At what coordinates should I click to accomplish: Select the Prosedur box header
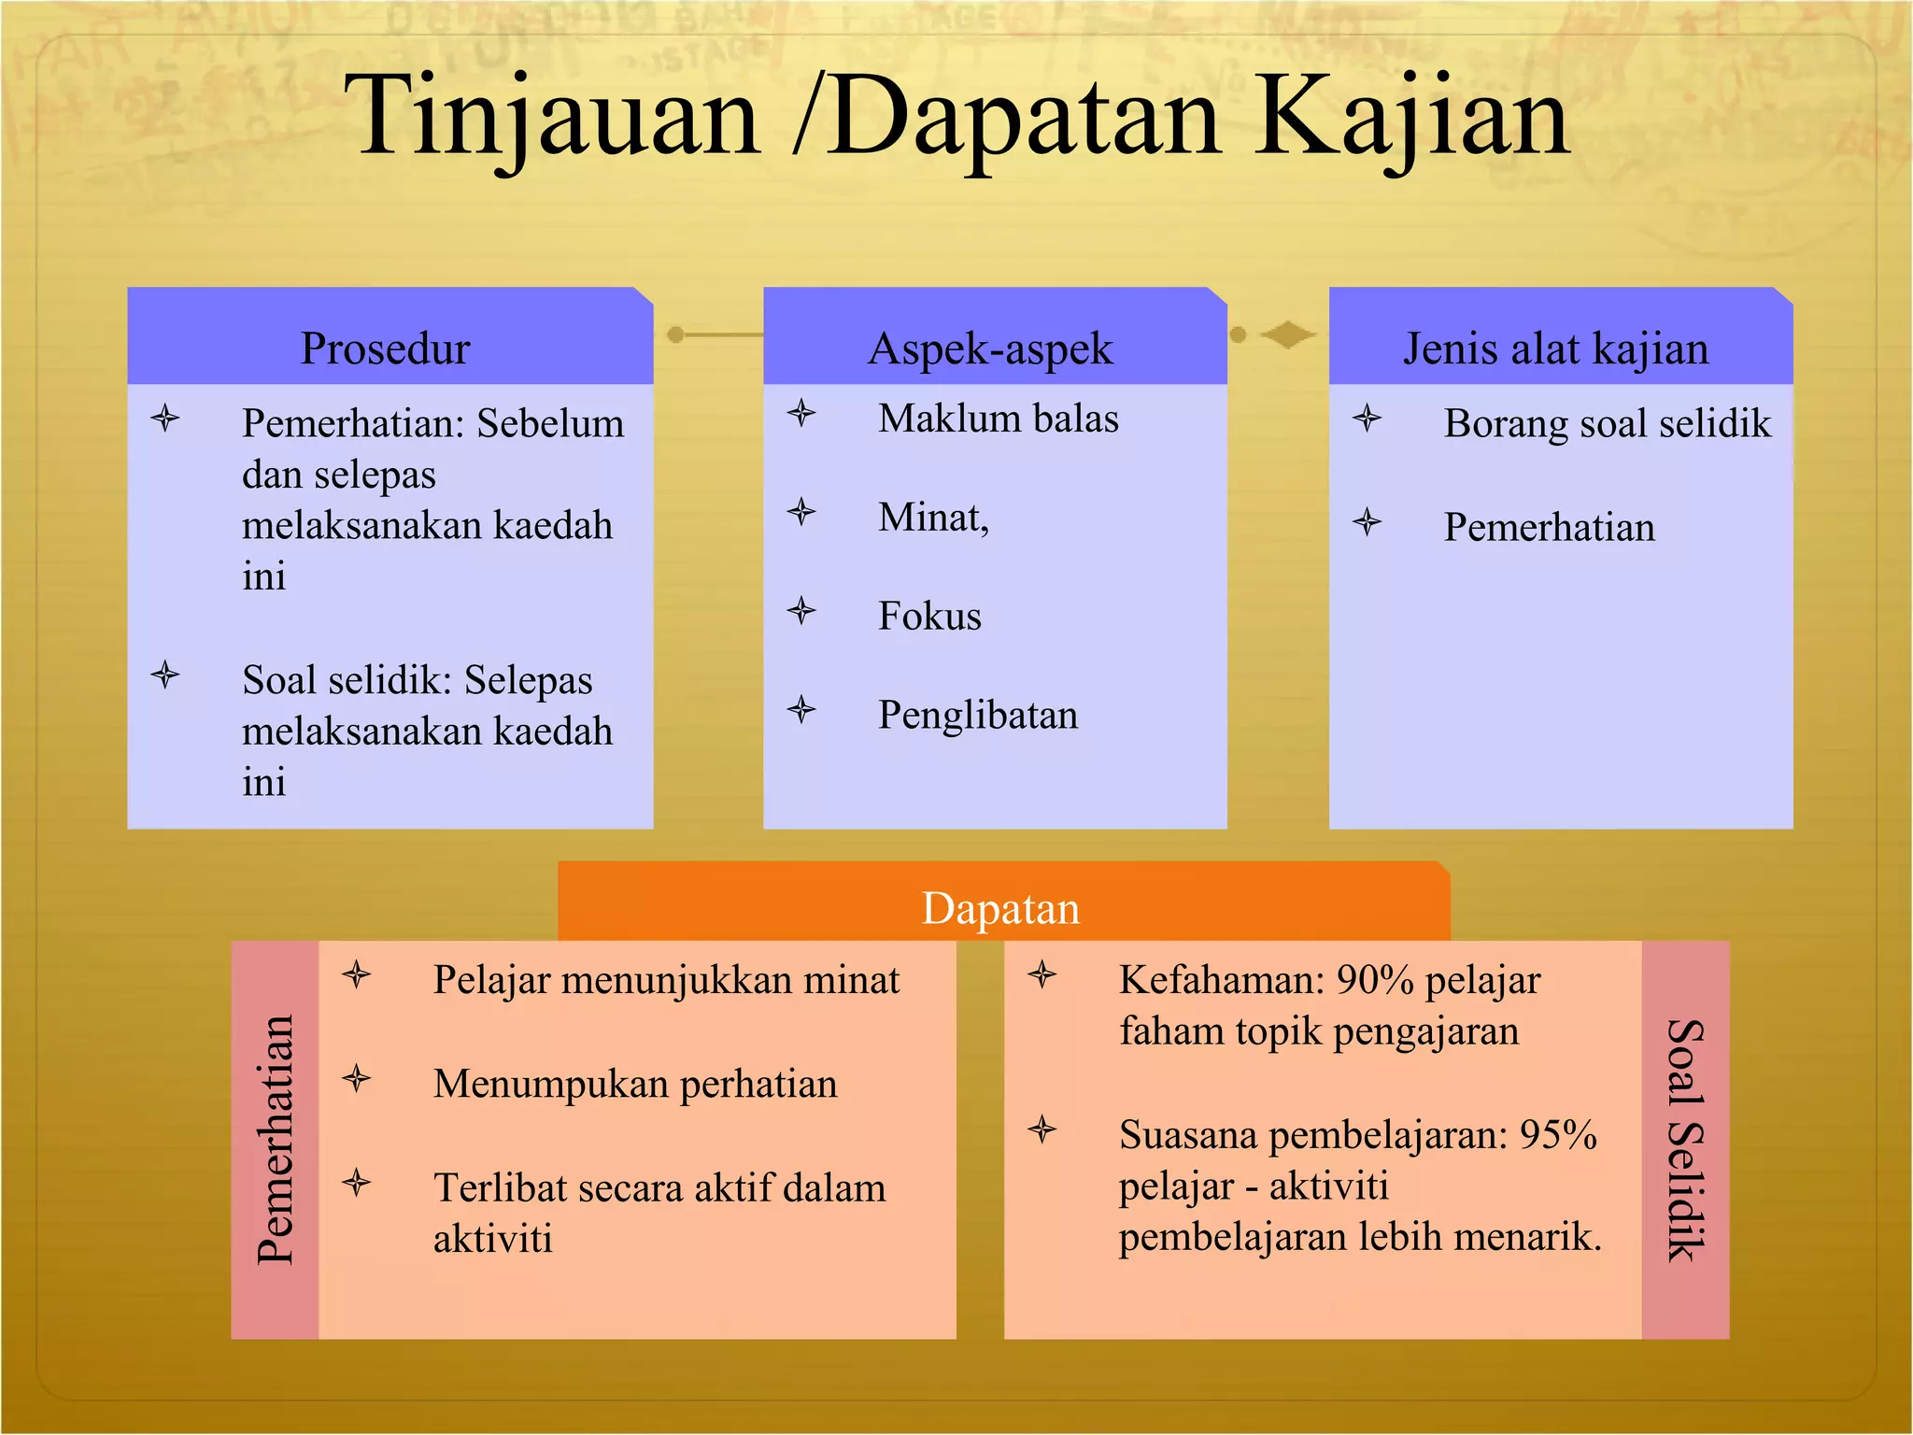click(385, 348)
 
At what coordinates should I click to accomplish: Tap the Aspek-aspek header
click(990, 348)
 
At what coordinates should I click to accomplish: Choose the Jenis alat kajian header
click(1556, 348)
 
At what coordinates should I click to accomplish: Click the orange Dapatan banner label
click(1000, 908)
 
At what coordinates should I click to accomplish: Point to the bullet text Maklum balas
click(998, 419)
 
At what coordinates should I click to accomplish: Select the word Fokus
click(929, 617)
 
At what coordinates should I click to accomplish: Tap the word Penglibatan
click(978, 716)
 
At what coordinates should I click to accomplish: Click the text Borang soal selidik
click(1607, 423)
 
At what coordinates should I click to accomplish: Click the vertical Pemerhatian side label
click(275, 1140)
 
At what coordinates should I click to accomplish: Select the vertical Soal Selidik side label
click(1685, 1140)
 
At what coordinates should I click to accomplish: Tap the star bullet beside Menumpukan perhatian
click(357, 1080)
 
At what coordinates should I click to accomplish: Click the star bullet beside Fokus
click(801, 611)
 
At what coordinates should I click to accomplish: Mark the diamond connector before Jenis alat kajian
click(1287, 334)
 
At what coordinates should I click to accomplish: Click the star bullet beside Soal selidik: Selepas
click(165, 674)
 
